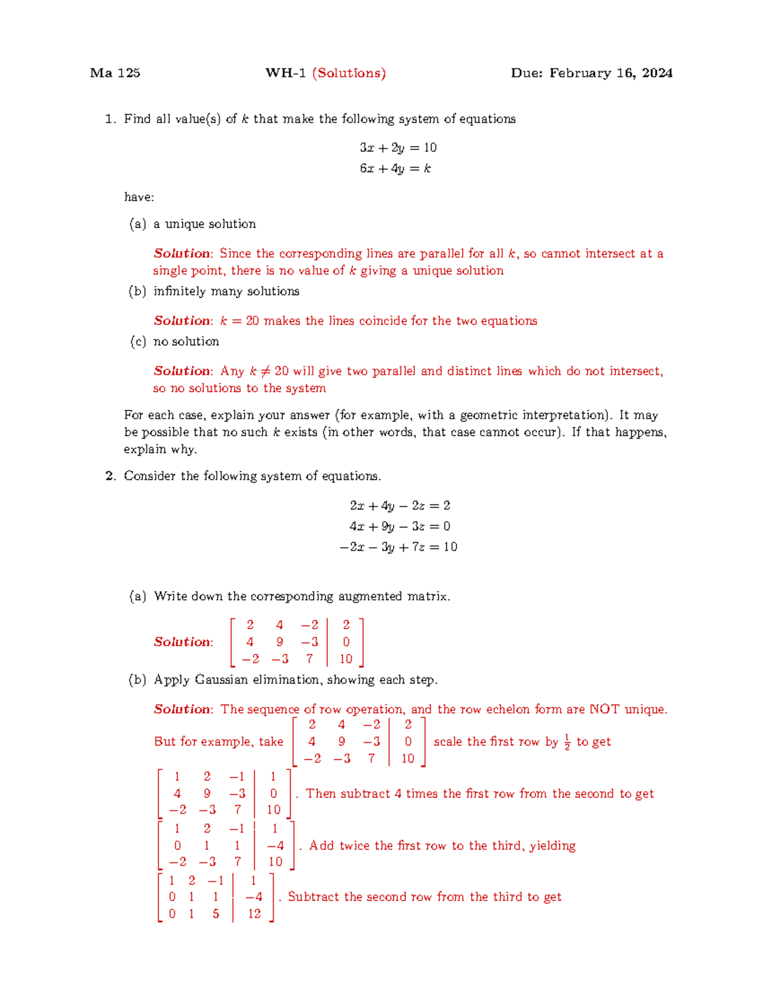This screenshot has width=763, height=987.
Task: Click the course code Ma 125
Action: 115,73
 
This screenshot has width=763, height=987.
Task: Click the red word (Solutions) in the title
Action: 349,73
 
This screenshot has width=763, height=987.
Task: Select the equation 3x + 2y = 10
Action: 398,147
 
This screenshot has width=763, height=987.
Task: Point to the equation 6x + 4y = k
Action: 395,168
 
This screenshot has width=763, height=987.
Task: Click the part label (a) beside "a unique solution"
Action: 137,224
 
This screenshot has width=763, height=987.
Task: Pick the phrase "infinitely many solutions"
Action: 226,291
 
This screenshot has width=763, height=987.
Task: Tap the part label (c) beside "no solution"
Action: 137,341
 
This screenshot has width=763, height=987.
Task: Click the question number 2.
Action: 110,476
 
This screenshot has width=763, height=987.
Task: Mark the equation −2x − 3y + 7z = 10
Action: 398,547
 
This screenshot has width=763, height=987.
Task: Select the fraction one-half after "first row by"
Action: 567,742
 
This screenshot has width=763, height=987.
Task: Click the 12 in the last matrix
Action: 254,913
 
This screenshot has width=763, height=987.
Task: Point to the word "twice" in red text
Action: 354,846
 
